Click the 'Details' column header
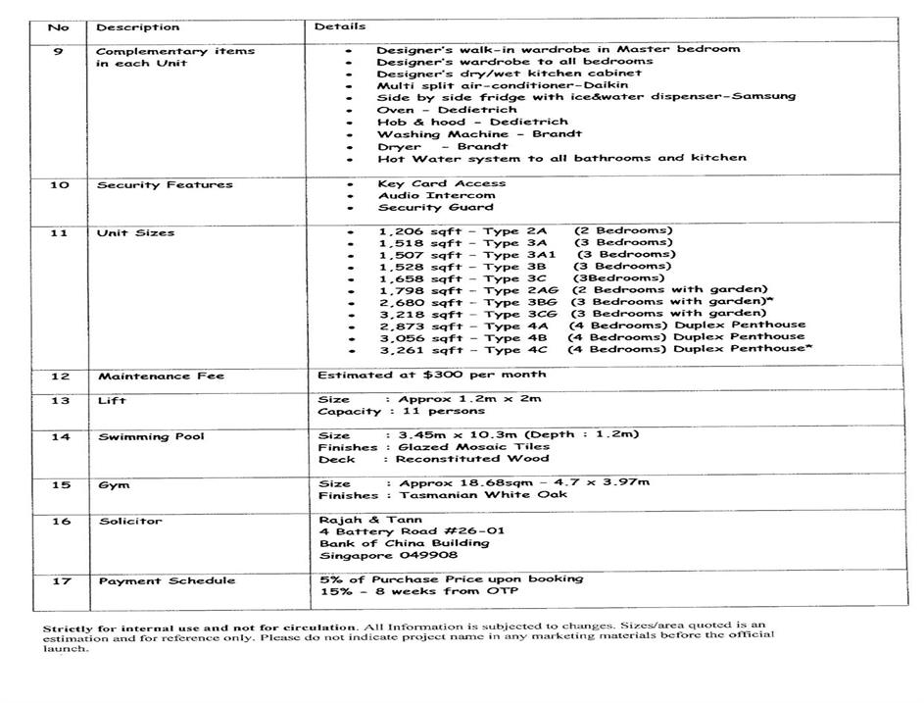(x=340, y=26)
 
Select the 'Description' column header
(x=138, y=27)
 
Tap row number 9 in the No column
(x=59, y=51)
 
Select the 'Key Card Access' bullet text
(x=441, y=183)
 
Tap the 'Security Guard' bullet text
(x=435, y=207)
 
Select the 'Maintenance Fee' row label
(x=161, y=376)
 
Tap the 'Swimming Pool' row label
(x=151, y=436)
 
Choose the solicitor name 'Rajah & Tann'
(x=360, y=520)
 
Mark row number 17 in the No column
(x=62, y=580)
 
